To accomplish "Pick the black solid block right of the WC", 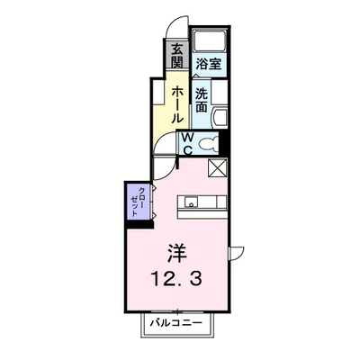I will [x=225, y=141].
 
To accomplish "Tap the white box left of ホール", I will [x=158, y=93].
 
